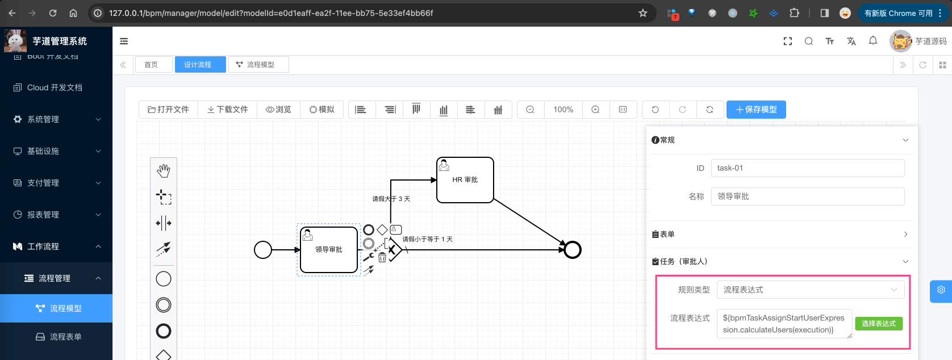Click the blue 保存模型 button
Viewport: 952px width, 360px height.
tap(756, 110)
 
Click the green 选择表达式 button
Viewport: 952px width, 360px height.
tap(878, 324)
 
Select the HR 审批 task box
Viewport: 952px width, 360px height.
tap(465, 180)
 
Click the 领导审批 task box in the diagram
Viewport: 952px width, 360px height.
tap(328, 250)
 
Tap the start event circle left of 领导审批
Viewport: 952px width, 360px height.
tap(263, 250)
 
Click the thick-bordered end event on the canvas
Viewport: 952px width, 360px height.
tap(573, 250)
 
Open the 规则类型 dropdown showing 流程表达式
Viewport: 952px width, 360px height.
tap(810, 290)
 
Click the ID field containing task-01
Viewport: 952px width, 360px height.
tap(807, 168)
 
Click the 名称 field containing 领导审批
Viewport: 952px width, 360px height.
tap(807, 196)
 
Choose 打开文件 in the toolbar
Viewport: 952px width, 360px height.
tap(169, 110)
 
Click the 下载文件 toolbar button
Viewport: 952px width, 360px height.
tap(228, 110)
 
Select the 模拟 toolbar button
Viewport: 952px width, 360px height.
tap(322, 110)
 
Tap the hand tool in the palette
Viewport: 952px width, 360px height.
tap(164, 170)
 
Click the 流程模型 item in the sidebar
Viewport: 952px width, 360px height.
tap(65, 308)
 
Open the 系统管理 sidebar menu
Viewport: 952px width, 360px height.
tap(57, 119)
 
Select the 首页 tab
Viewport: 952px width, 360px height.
tap(151, 65)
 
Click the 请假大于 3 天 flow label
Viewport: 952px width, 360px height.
tap(391, 199)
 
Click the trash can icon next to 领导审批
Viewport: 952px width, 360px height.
tap(382, 257)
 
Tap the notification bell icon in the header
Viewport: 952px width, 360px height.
tap(873, 41)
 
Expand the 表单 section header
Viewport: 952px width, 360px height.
tap(782, 235)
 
